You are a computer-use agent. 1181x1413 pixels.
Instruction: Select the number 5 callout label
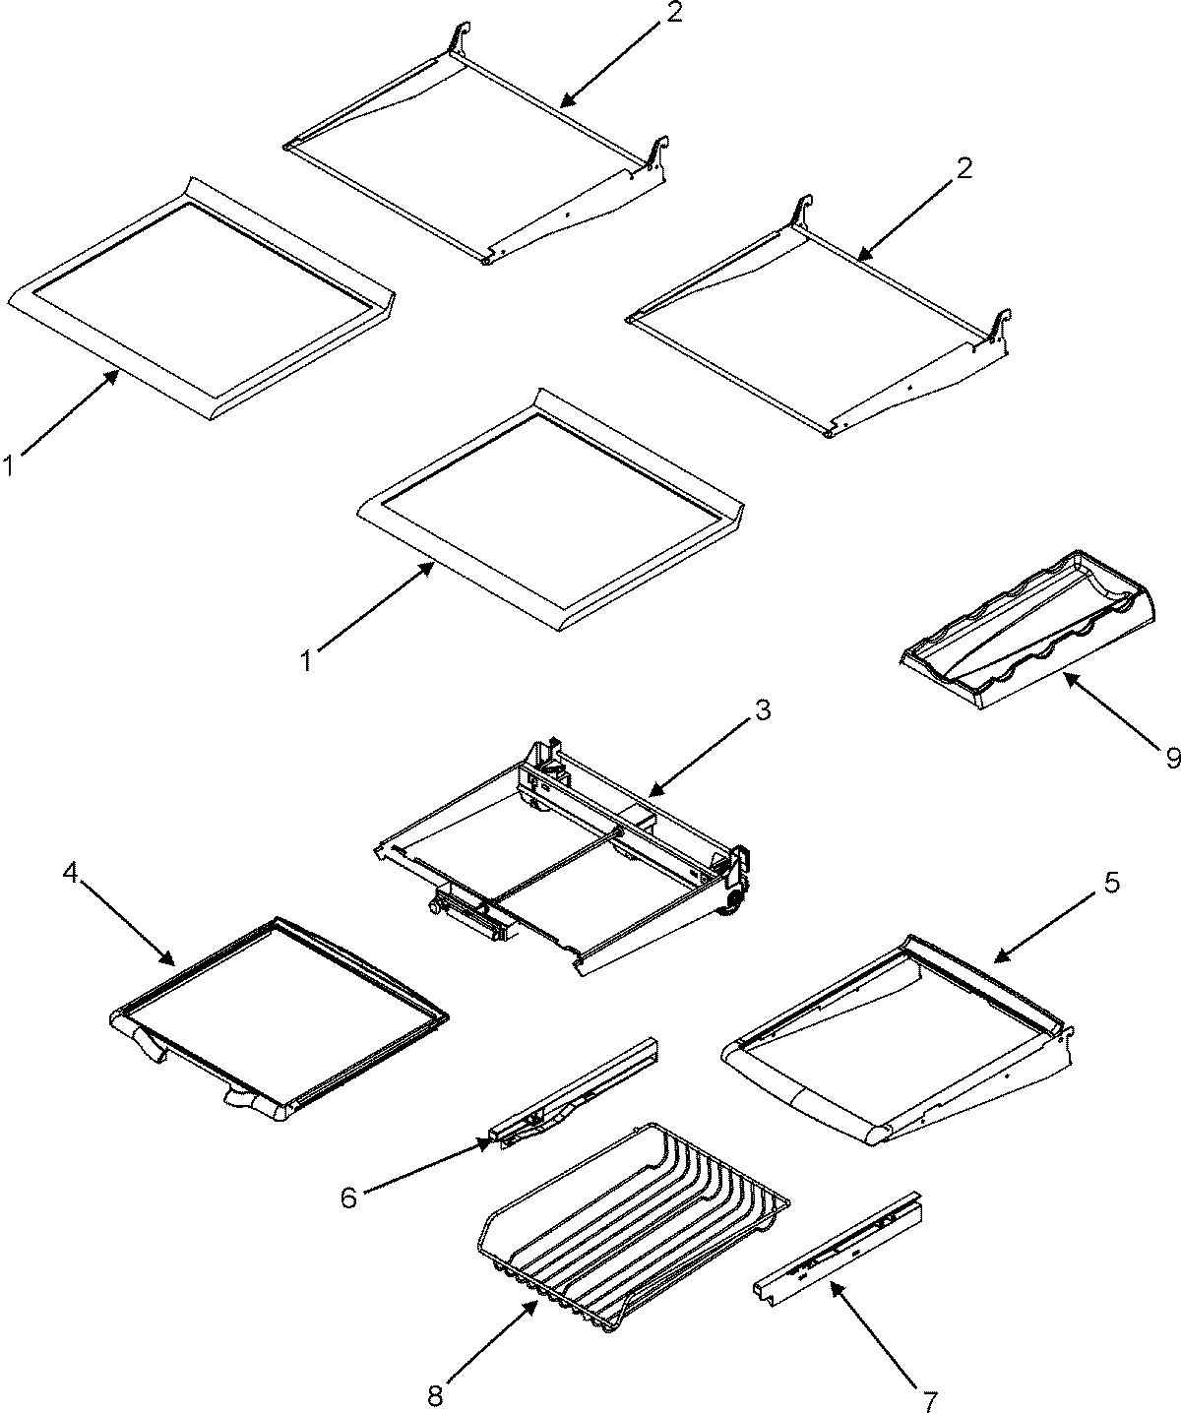coord(1110,883)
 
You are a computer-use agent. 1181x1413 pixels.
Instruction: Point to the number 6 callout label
coord(348,1198)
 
